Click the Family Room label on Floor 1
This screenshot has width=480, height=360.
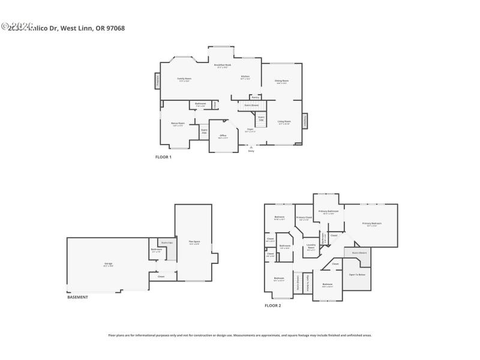[x=184, y=79]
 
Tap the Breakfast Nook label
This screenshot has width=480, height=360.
[x=224, y=65]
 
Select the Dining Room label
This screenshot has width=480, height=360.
[x=282, y=81]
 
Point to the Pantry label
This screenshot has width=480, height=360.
[x=255, y=97]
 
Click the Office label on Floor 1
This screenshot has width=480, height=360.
[x=223, y=136]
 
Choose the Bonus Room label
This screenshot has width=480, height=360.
[x=178, y=124]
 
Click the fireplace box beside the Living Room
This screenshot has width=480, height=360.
[x=304, y=121]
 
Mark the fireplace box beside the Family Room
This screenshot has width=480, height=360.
[x=158, y=80]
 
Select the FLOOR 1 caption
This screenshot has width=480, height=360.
[x=163, y=157]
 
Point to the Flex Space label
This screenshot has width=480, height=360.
[x=194, y=242]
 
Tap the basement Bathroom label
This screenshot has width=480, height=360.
[x=156, y=249]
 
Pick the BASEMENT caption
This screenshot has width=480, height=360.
[x=77, y=297]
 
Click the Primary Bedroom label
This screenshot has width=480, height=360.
[x=372, y=223]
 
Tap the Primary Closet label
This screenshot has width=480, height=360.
[x=304, y=218]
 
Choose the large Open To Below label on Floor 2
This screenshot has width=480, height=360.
[x=357, y=274]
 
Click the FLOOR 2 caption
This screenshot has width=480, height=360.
[x=273, y=305]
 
